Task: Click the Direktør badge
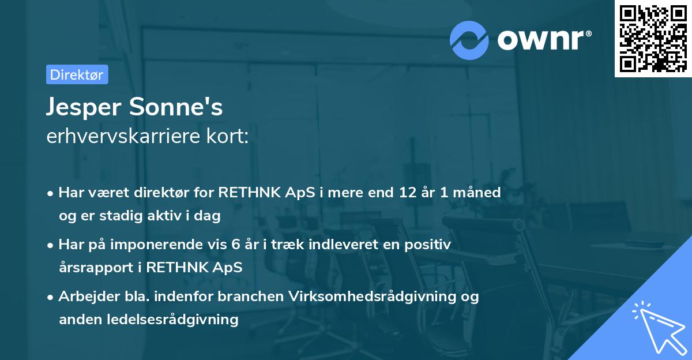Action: tap(77, 74)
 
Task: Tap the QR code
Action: tap(652, 39)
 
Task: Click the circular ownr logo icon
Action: tap(469, 40)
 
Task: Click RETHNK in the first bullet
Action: tap(257, 192)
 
